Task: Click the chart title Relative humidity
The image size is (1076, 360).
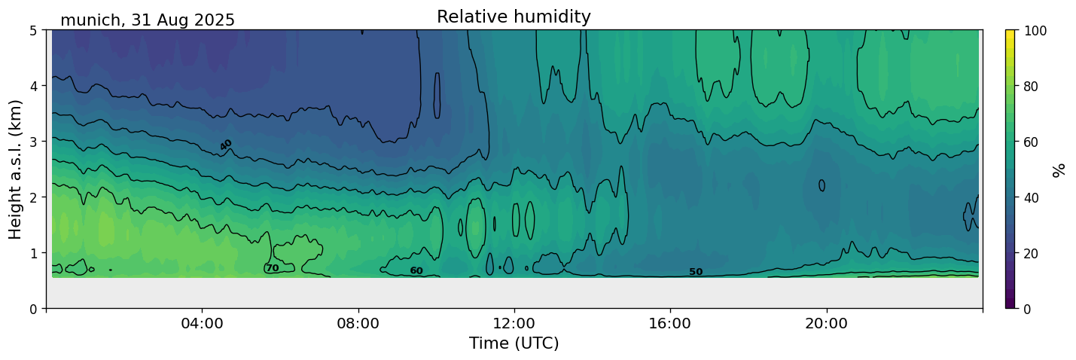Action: tap(514, 17)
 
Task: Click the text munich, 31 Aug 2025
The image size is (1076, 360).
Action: tap(148, 20)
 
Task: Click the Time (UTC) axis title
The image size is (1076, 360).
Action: tap(514, 343)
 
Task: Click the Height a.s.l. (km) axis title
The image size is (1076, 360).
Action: tap(16, 169)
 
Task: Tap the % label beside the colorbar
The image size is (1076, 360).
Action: tap(1059, 169)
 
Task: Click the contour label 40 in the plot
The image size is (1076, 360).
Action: tap(226, 145)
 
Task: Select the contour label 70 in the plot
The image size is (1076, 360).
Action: tap(272, 268)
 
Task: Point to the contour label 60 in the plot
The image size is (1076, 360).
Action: tap(416, 271)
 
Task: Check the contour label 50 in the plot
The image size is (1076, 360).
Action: tap(696, 272)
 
